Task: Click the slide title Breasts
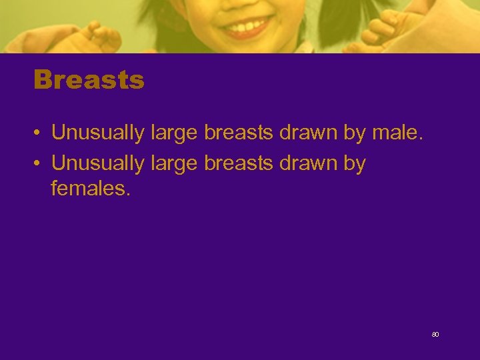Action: tap(89, 80)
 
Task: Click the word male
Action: tap(397, 133)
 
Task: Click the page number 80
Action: tap(435, 334)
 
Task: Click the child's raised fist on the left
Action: tap(100, 37)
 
